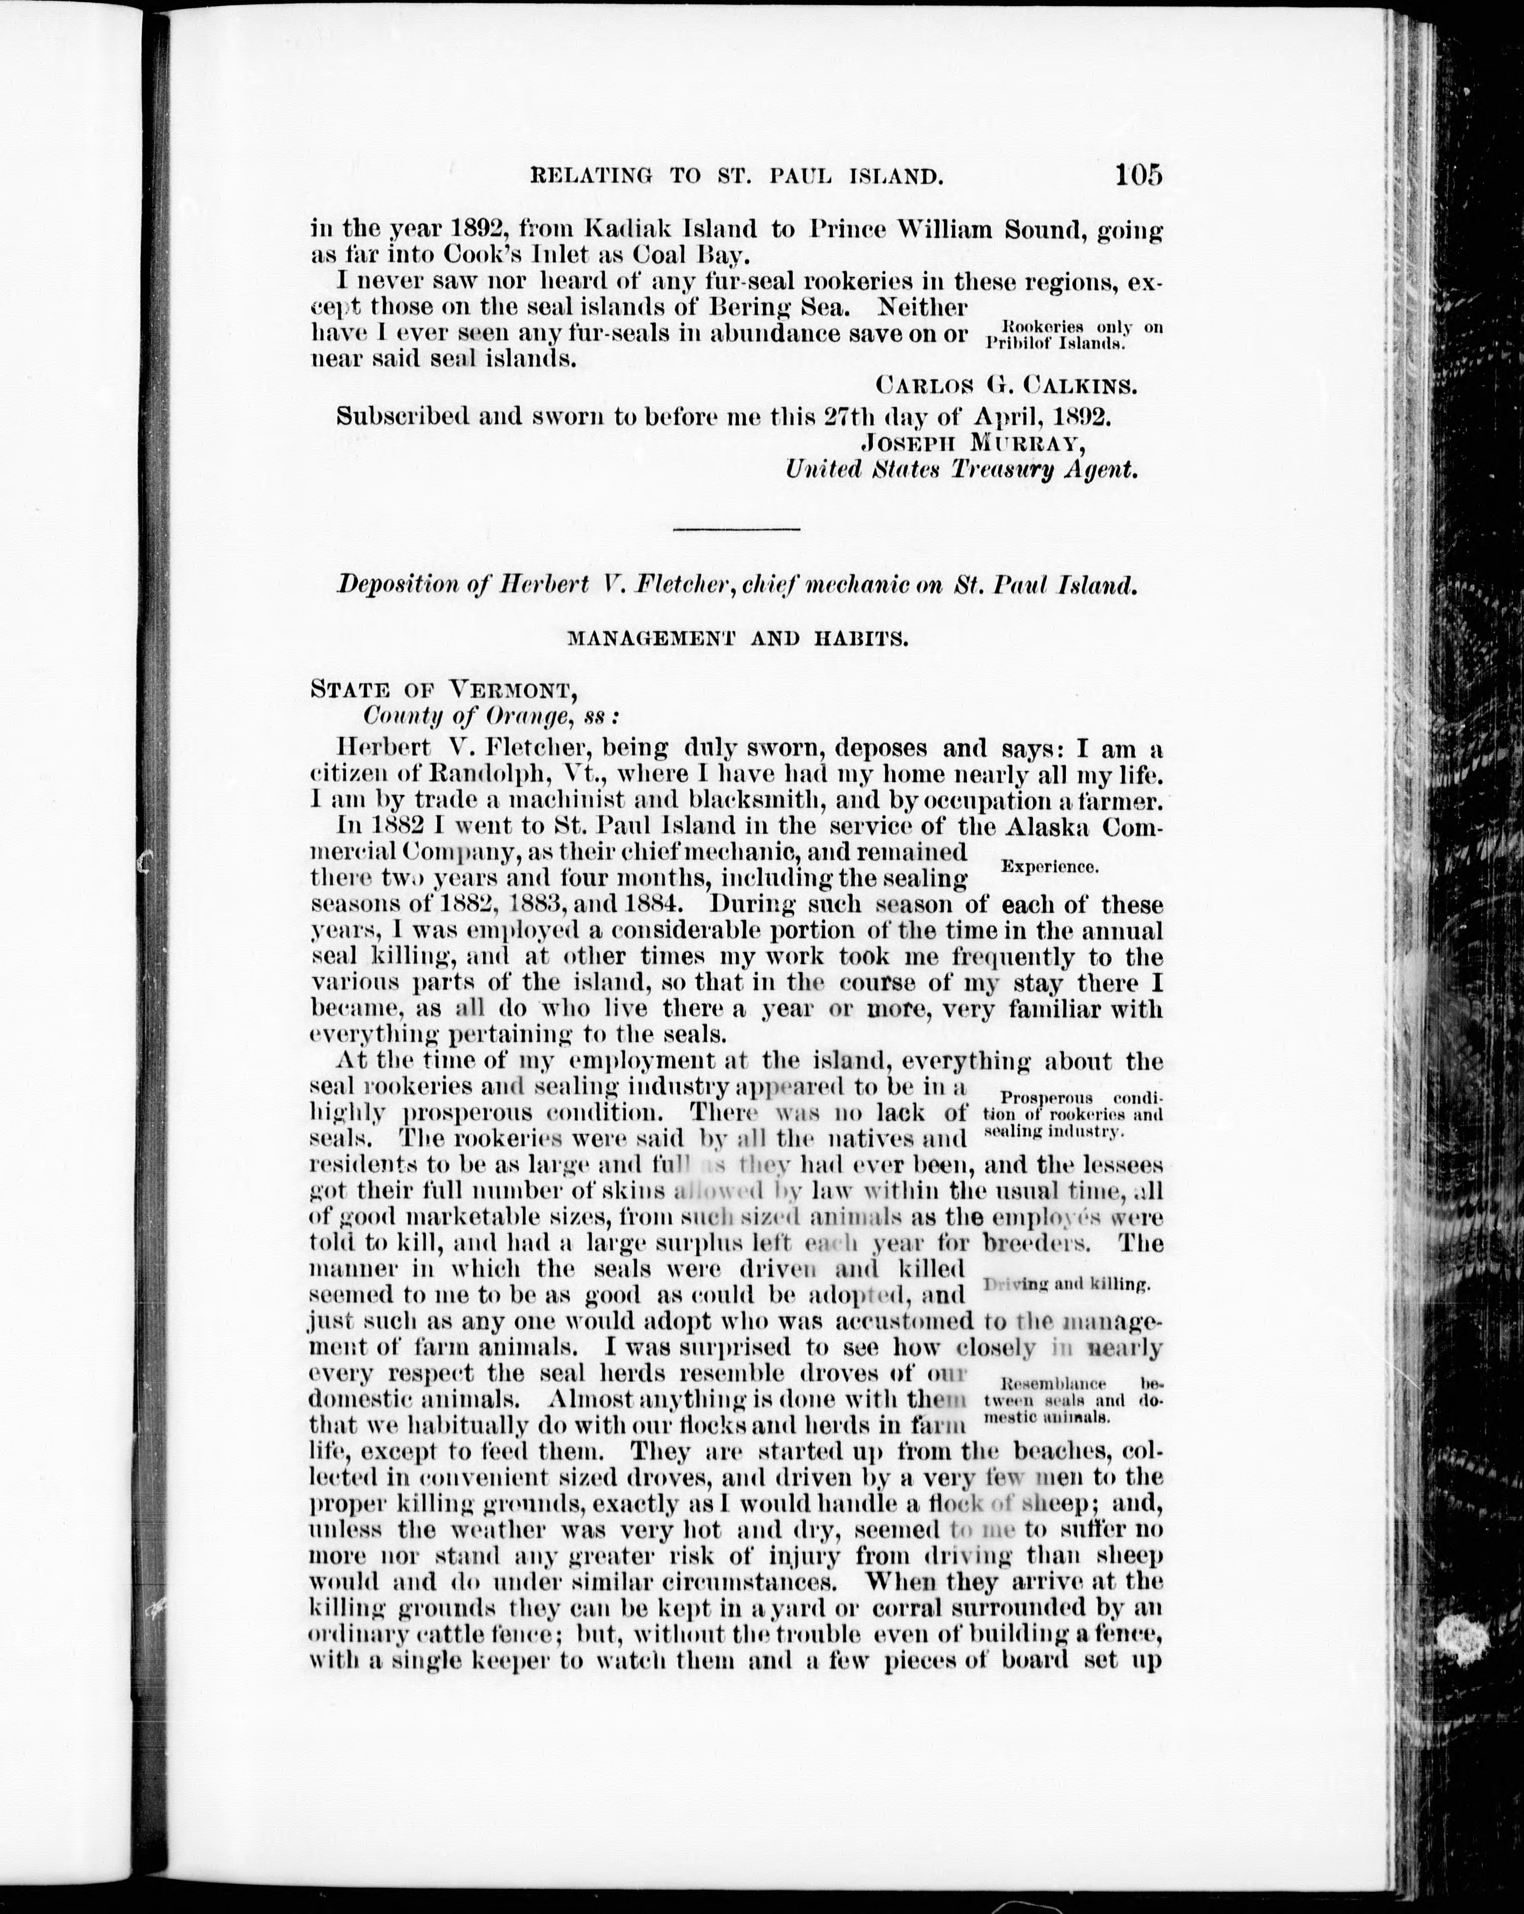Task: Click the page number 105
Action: (1139, 175)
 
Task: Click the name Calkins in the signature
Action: (1080, 385)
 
